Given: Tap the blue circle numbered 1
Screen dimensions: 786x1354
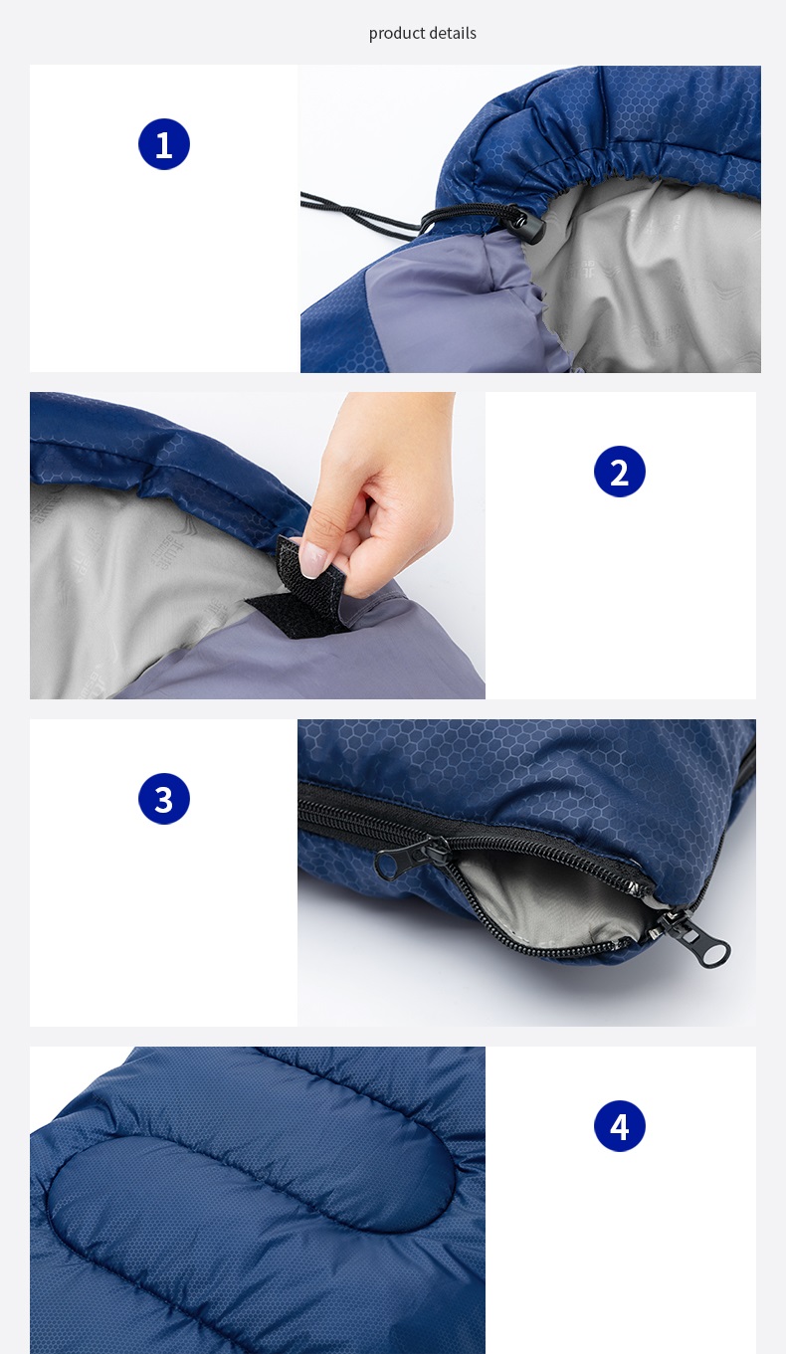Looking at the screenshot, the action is point(164,144).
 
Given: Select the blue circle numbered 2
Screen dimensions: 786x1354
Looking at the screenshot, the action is point(620,472).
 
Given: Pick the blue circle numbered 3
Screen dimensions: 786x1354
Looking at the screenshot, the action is point(164,799).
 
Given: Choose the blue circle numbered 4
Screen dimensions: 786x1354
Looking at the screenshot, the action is point(620,1125).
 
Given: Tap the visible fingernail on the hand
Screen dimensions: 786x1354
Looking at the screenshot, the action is point(313,560).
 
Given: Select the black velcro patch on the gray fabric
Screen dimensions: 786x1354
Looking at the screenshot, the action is point(286,612).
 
